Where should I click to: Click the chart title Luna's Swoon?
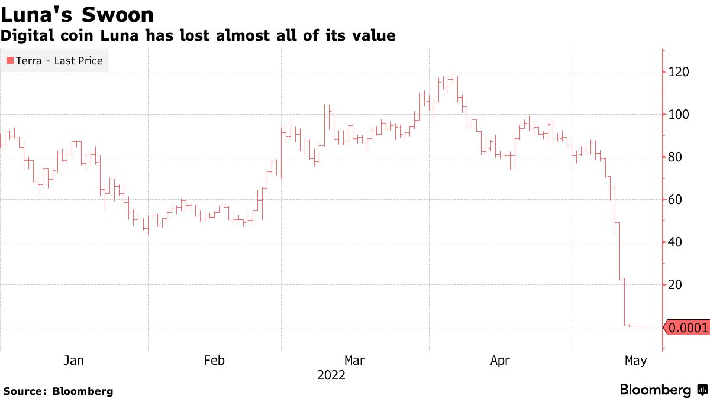(77, 15)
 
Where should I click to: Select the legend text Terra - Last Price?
(60, 60)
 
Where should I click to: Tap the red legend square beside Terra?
(9, 60)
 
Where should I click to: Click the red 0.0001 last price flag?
(687, 327)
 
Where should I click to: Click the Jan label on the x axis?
(74, 360)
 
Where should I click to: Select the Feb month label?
(214, 360)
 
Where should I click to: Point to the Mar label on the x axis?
(355, 360)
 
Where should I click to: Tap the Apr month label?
(501, 360)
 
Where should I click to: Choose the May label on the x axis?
(636, 360)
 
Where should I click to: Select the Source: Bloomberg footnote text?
(58, 391)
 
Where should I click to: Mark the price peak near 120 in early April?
(453, 76)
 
